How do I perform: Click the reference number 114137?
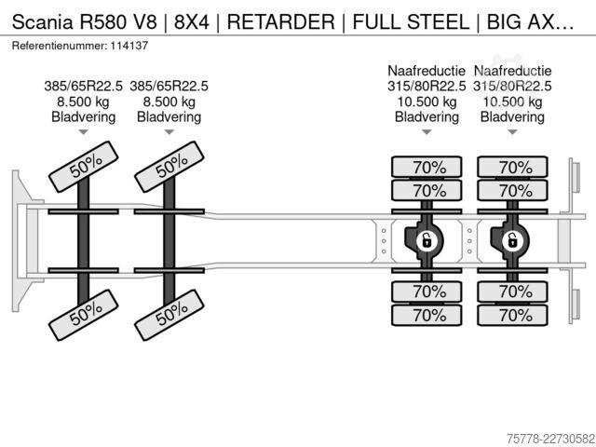click(129, 46)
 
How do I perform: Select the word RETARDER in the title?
click(281, 21)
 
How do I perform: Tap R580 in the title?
click(102, 21)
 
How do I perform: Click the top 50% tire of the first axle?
click(84, 167)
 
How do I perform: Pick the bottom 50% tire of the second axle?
click(169, 315)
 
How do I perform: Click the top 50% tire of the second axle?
click(169, 167)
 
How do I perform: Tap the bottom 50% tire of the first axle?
click(84, 315)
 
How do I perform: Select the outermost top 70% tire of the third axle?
click(427, 167)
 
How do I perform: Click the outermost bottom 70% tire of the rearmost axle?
click(513, 315)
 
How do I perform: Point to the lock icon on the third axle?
click(427, 240)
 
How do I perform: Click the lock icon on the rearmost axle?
click(513, 240)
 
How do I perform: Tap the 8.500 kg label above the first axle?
click(84, 102)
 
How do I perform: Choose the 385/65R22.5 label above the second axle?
click(169, 87)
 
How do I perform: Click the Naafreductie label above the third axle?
click(427, 71)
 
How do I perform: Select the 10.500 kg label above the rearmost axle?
click(512, 102)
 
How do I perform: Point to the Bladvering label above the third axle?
click(427, 117)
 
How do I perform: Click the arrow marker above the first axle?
click(84, 132)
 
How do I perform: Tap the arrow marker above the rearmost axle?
click(513, 132)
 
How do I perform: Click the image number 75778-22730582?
click(550, 439)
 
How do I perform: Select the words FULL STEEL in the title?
click(412, 21)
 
